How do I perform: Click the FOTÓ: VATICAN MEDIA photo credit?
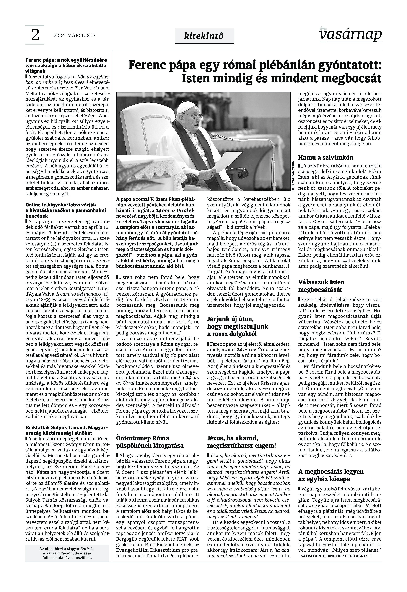tap(293, 176)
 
